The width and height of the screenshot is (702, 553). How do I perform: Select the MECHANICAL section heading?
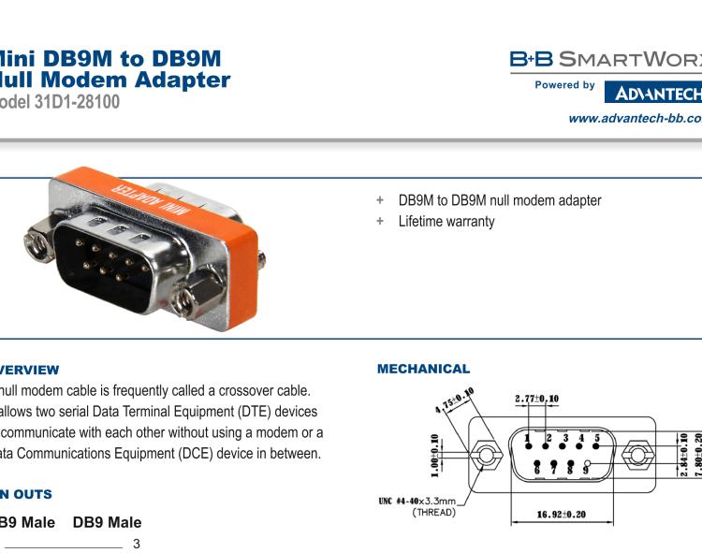click(x=423, y=370)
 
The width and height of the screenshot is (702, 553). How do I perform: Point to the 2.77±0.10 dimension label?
click(x=536, y=399)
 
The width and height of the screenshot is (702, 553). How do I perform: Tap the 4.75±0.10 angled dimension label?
click(x=454, y=400)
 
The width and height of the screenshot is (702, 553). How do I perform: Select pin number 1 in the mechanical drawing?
click(x=528, y=437)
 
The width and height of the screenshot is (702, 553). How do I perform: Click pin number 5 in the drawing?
click(x=596, y=437)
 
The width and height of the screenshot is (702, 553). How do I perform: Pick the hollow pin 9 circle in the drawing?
click(x=587, y=464)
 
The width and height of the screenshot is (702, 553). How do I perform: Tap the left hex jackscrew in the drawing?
click(x=484, y=457)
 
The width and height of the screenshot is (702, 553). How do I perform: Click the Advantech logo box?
click(x=652, y=93)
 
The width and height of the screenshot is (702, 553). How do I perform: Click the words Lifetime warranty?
click(x=446, y=222)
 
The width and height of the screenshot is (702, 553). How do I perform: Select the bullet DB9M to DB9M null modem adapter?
click(x=499, y=200)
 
